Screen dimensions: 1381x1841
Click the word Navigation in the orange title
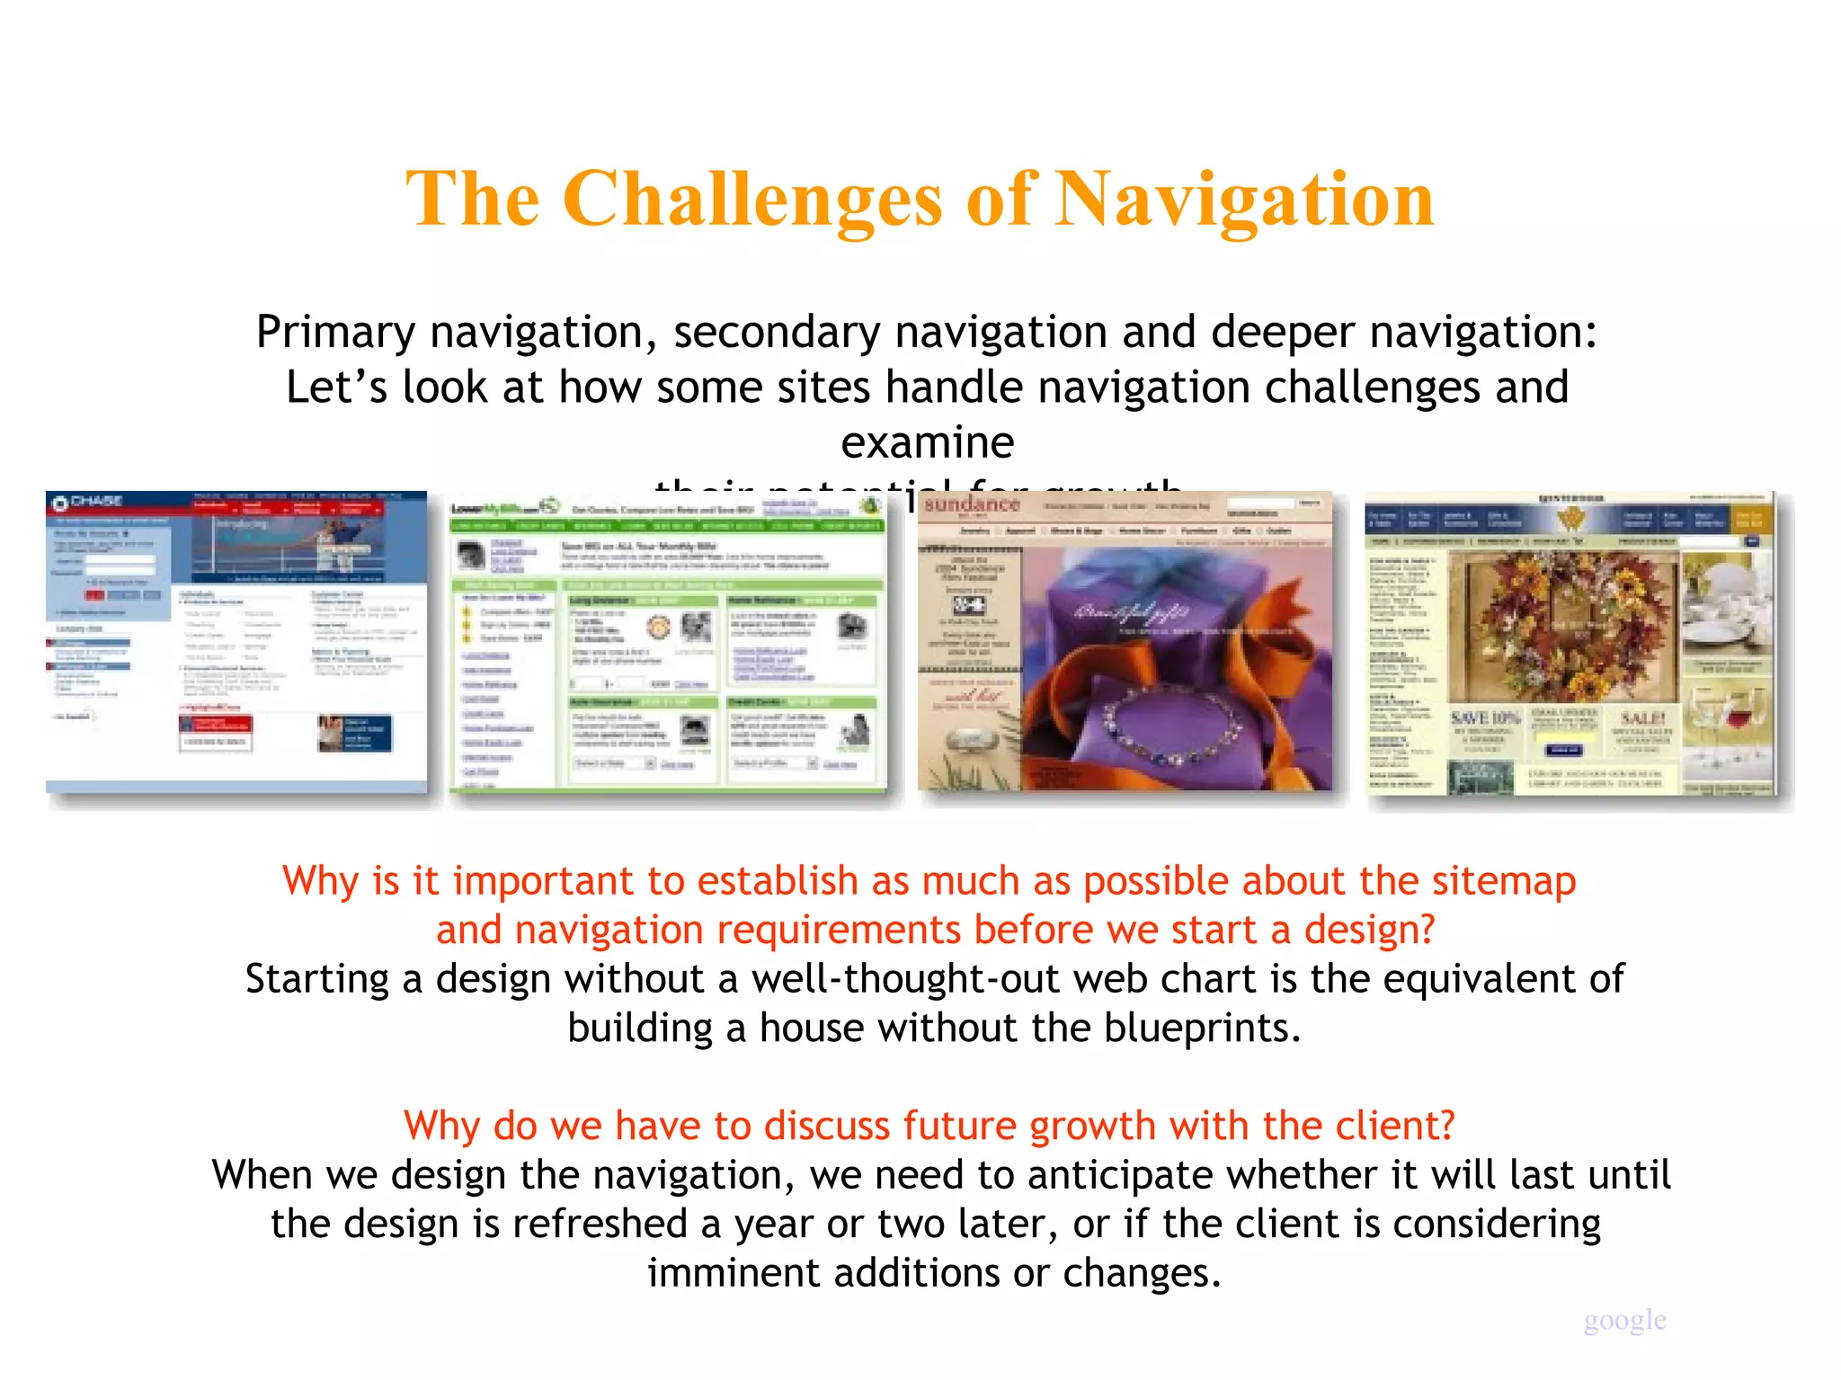pyautogui.click(x=1244, y=200)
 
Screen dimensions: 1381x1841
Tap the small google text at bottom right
pyautogui.click(x=1624, y=1319)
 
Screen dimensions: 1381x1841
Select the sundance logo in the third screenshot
pyautogui.click(x=972, y=504)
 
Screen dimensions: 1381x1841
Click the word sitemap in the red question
pyautogui.click(x=1503, y=880)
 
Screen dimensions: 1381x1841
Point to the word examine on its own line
pyautogui.click(x=927, y=442)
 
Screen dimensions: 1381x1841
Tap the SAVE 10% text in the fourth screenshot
pyautogui.click(x=1484, y=717)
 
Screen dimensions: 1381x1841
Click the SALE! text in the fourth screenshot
pyautogui.click(x=1642, y=717)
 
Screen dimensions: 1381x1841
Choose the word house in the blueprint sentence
pyautogui.click(x=813, y=1027)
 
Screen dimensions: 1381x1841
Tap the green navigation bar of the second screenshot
pyautogui.click(x=668, y=526)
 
